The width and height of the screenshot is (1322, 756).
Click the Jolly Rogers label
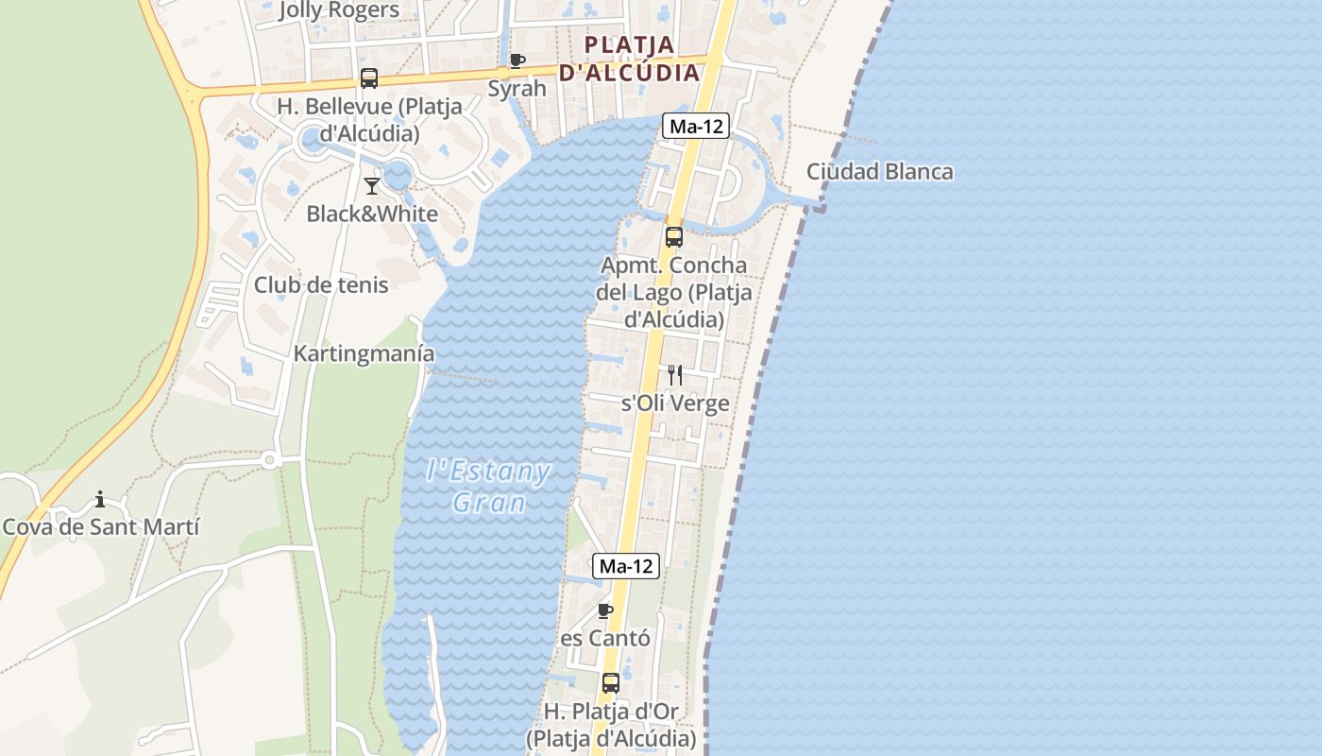(339, 10)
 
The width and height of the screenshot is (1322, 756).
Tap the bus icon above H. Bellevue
(368, 78)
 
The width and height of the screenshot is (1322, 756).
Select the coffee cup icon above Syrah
(517, 61)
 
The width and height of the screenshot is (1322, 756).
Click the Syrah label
(517, 89)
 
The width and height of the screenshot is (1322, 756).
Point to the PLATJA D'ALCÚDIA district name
(630, 59)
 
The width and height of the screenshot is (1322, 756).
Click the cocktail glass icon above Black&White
(372, 185)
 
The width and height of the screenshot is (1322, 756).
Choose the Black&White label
(372, 214)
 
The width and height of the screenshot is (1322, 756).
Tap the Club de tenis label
(321, 284)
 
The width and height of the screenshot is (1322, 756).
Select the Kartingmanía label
(364, 353)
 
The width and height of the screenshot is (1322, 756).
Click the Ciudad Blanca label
(879, 172)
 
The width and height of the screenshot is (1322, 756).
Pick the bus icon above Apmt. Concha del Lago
(673, 237)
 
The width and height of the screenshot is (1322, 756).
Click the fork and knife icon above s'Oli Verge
(674, 375)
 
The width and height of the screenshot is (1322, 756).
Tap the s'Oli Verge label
(674, 404)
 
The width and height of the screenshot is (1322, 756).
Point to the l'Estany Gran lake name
(488, 486)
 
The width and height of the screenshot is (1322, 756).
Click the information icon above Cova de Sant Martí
(100, 499)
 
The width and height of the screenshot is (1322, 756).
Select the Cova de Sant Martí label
(101, 527)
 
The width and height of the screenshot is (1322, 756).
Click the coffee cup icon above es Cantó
(605, 610)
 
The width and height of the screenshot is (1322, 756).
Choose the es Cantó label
(605, 639)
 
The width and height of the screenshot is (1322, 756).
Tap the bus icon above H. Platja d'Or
(611, 683)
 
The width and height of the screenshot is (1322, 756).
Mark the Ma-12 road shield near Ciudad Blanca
(696, 126)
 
